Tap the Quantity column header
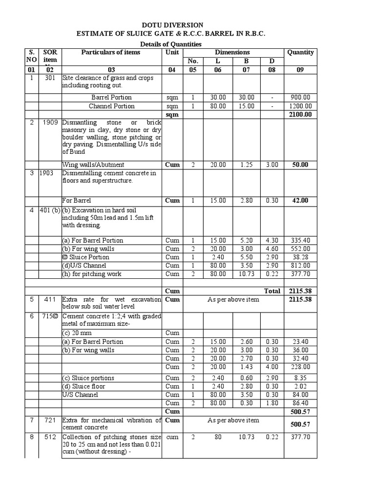click(x=300, y=52)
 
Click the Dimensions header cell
click(x=232, y=52)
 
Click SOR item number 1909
click(x=50, y=123)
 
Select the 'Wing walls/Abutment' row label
click(x=93, y=165)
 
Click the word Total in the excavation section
click(x=272, y=291)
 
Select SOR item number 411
click(x=50, y=299)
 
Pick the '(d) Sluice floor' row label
click(x=83, y=387)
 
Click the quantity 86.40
click(x=301, y=403)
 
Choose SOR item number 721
click(x=50, y=420)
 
